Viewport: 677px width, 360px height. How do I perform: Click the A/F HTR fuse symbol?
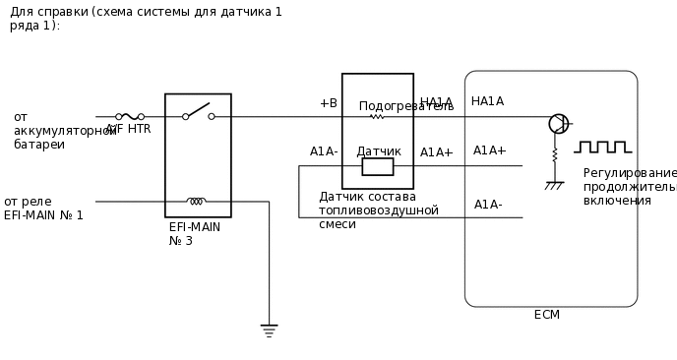point(130,116)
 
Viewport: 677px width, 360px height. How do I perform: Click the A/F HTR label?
point(129,130)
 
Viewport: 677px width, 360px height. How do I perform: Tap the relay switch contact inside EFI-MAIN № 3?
point(198,111)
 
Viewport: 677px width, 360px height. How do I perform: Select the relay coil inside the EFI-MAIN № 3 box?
point(197,201)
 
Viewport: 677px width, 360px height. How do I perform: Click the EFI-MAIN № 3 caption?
point(194,234)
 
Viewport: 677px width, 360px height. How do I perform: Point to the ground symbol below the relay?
point(269,330)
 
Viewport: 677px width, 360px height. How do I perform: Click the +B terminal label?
point(328,103)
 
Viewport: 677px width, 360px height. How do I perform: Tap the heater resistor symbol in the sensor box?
point(376,116)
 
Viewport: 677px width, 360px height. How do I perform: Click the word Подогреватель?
point(405,106)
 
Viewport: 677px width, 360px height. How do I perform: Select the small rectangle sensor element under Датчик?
point(377,167)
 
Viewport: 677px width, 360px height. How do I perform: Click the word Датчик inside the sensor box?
point(378,151)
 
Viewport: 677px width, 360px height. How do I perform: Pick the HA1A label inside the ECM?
point(487,101)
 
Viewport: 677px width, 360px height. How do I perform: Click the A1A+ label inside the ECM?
point(489,150)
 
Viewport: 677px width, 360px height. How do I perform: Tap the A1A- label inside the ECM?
point(488,205)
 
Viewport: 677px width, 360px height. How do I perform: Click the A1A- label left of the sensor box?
point(324,151)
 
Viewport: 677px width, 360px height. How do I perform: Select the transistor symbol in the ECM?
point(558,124)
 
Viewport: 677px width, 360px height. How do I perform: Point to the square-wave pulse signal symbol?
point(602,148)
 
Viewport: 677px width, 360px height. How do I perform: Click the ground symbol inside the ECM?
point(554,185)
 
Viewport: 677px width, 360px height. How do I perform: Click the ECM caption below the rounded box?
point(546,315)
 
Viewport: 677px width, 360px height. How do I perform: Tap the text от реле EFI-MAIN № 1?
point(43,209)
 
